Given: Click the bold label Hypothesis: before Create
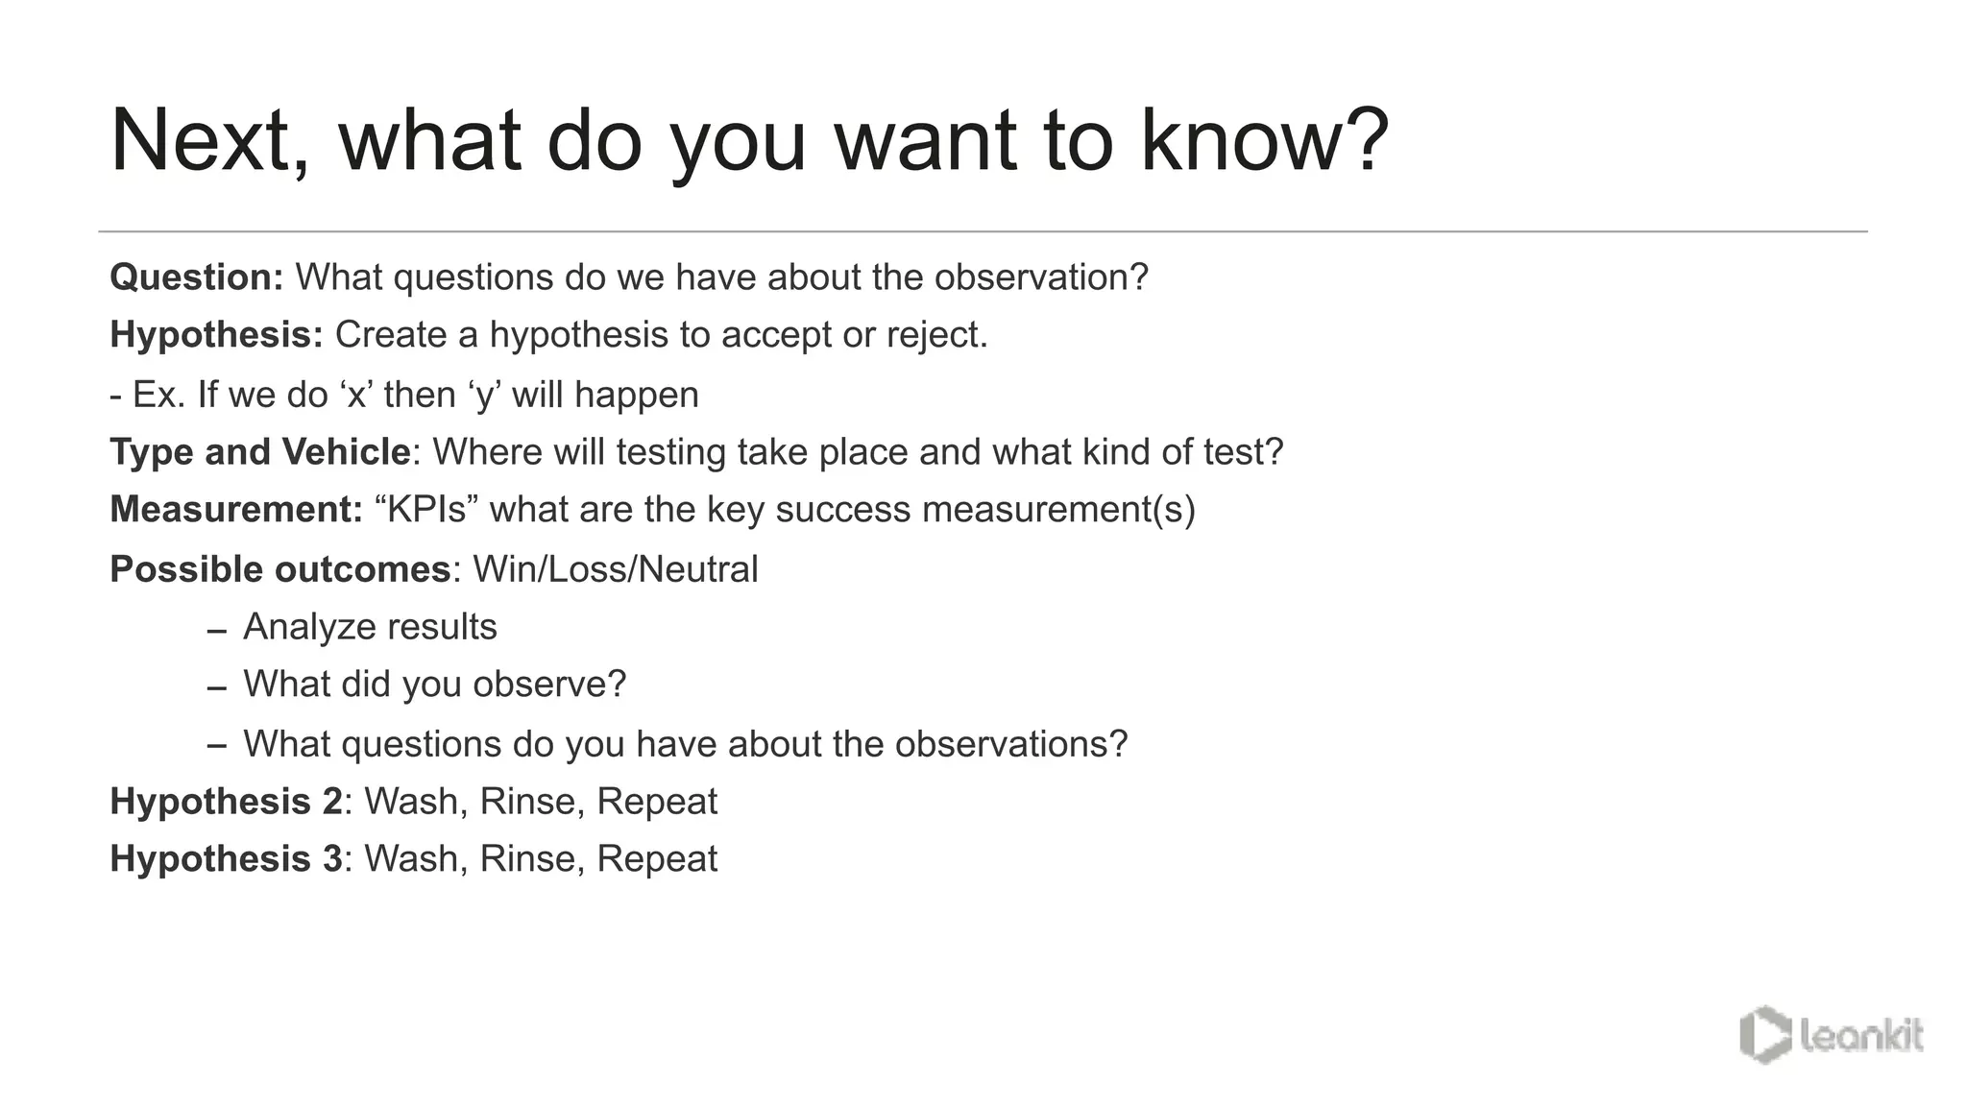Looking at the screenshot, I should pyautogui.click(x=216, y=335).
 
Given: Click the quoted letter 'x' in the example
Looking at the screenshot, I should pyautogui.click(x=355, y=395).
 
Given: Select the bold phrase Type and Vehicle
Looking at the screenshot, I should pyautogui.click(x=260, y=452).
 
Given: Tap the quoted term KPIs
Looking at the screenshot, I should pyautogui.click(x=426, y=509).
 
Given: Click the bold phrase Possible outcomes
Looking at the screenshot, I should pyautogui.click(x=279, y=569).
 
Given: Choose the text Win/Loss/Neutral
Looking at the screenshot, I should pyautogui.click(x=615, y=569).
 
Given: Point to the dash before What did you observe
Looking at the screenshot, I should pyautogui.click(x=217, y=688).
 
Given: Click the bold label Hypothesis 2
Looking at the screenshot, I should pyautogui.click(x=226, y=802).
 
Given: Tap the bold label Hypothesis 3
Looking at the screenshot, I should pyautogui.click(x=226, y=859).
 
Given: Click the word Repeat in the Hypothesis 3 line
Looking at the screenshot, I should pyautogui.click(x=657, y=859).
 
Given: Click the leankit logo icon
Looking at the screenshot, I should pyautogui.click(x=1764, y=1035).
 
